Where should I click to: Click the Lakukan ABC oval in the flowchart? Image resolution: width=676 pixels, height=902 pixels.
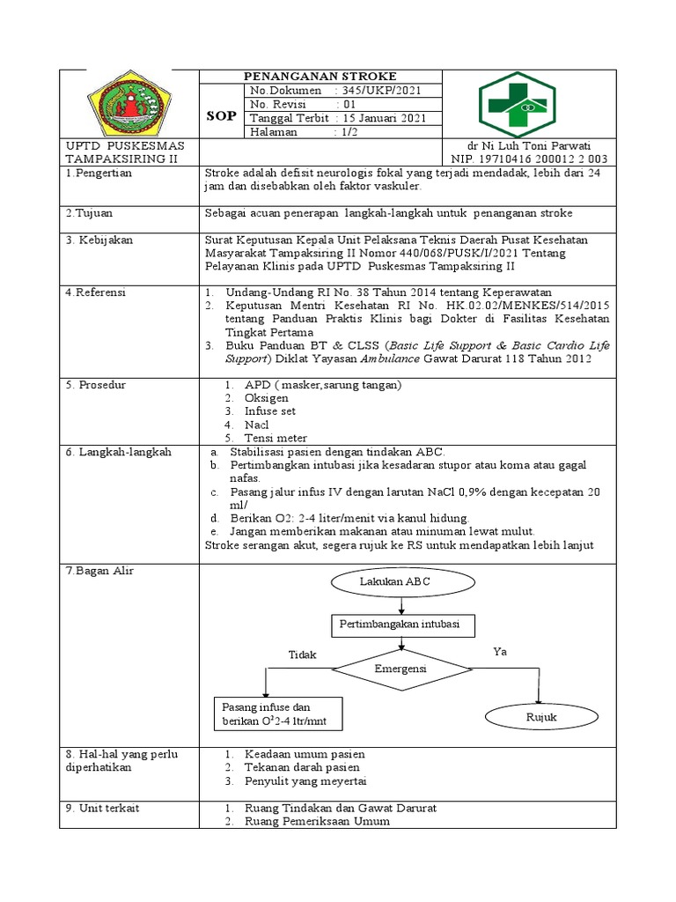coord(400,583)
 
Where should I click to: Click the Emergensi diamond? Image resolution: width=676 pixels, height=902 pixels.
coord(400,669)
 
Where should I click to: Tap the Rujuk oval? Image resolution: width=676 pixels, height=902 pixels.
coord(541,717)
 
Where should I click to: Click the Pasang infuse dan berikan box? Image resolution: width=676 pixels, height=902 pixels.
coord(277,714)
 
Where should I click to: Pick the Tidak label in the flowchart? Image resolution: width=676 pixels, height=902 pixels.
coord(302,655)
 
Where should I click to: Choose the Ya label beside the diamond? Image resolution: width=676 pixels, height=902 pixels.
coord(501,651)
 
